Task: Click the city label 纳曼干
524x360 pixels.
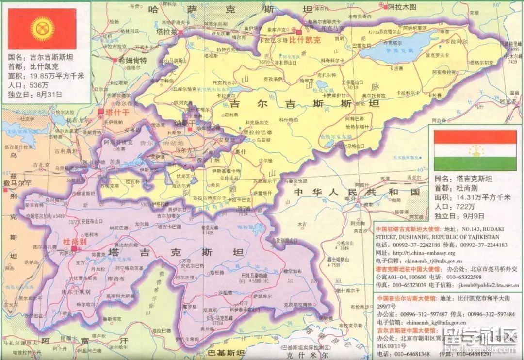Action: coord(184,124)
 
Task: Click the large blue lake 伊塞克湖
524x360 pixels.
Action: coord(395,49)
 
